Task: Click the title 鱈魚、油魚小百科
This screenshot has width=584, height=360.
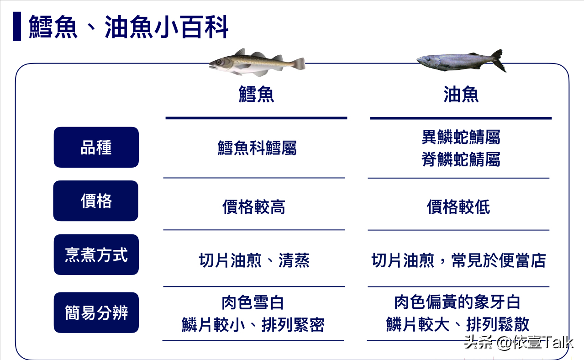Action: pyautogui.click(x=128, y=27)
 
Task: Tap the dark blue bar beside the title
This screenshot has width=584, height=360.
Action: pyautogui.click(x=17, y=26)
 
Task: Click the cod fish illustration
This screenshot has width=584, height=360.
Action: pyautogui.click(x=257, y=62)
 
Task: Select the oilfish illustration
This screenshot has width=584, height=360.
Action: pyautogui.click(x=462, y=61)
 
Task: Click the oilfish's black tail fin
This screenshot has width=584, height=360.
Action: pyautogui.click(x=499, y=60)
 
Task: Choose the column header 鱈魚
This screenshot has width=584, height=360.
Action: pyautogui.click(x=256, y=94)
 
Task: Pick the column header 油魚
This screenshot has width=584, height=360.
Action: pyautogui.click(x=461, y=94)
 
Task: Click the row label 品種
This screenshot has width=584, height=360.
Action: pyautogui.click(x=96, y=148)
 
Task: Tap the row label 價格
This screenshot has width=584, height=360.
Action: pyautogui.click(x=96, y=201)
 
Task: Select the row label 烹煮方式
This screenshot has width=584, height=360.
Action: pyautogui.click(x=96, y=254)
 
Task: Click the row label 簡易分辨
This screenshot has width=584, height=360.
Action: pyautogui.click(x=96, y=312)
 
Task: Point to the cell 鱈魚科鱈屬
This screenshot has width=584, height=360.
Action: pyautogui.click(x=257, y=148)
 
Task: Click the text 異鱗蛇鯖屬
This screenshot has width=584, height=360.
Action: pyautogui.click(x=461, y=137)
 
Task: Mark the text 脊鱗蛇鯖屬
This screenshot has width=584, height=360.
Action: pyautogui.click(x=461, y=159)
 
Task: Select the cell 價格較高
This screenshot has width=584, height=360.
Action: pyautogui.click(x=254, y=207)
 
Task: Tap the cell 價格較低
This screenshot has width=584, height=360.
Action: pyautogui.click(x=458, y=207)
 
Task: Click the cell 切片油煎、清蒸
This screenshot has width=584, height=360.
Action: pyautogui.click(x=254, y=260)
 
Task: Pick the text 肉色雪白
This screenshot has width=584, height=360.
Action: pyautogui.click(x=253, y=302)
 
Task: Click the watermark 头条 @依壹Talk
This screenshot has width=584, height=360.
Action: pyautogui.click(x=519, y=342)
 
